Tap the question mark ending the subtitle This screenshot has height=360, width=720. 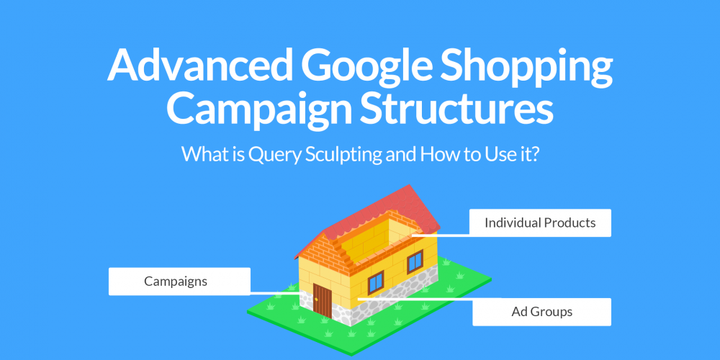[x=534, y=154]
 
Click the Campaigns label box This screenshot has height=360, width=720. [x=179, y=282]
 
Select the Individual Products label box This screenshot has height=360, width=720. [x=540, y=223]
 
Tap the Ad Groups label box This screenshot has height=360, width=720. [x=542, y=312]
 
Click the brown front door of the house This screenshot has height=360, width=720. [x=323, y=301]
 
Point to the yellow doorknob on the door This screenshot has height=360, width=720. [x=316, y=300]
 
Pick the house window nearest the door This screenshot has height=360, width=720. [x=376, y=282]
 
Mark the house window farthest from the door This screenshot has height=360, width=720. [x=415, y=262]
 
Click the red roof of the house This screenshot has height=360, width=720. [x=367, y=220]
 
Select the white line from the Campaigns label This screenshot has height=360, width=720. [x=275, y=293]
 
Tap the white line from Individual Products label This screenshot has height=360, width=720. [x=441, y=235]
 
